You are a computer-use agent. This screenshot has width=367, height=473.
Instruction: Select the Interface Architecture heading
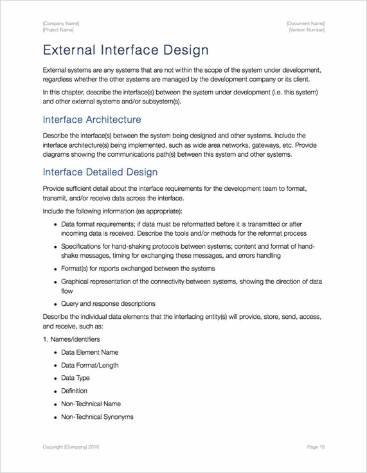point(92,120)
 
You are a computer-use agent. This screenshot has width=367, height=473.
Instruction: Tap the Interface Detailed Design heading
point(100,172)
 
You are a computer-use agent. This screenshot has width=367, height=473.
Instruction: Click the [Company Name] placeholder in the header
point(61,23)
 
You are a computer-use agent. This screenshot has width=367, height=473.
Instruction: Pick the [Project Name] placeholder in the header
point(58,30)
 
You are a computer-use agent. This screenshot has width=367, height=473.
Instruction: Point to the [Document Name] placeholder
point(306,23)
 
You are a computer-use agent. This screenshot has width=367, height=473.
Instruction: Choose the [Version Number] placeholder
point(307,30)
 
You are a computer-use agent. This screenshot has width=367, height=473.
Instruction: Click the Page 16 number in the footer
point(316,446)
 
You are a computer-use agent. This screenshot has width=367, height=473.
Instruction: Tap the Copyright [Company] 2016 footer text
point(71,446)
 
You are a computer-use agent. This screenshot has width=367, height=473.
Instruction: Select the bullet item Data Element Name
point(89,352)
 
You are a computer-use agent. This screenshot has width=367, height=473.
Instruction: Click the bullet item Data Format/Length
point(89,365)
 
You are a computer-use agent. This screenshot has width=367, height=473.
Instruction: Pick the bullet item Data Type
point(75,378)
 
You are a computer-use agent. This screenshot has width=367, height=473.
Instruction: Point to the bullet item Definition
point(74,391)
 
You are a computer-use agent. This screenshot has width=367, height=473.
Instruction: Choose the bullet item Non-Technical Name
point(91,404)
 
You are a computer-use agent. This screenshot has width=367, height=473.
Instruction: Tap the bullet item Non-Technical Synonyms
point(97,416)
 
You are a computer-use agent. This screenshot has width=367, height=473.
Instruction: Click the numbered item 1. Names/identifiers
point(71,339)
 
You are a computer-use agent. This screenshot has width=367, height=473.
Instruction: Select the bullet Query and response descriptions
point(108,303)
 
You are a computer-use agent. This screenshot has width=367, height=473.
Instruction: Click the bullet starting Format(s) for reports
point(138,268)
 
